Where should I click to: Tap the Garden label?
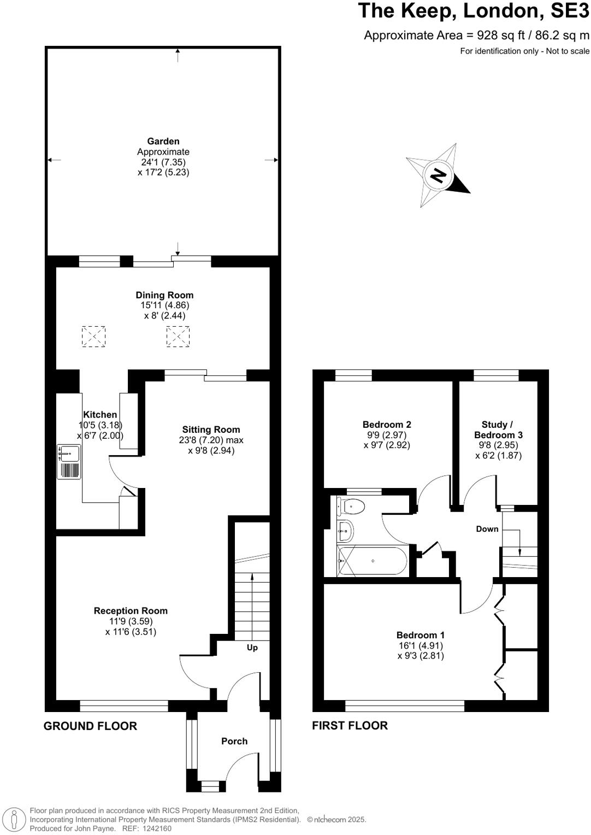(163, 142)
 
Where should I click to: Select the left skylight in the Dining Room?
(93, 336)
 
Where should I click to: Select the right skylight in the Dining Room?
(178, 336)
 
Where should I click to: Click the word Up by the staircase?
(252, 648)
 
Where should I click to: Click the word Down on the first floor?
(487, 529)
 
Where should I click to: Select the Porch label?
(234, 741)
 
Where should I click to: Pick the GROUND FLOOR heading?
(90, 726)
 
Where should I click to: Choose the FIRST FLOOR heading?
(350, 726)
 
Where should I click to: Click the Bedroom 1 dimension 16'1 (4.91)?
(421, 645)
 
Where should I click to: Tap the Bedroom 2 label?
(387, 425)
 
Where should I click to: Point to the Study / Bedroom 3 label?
(498, 430)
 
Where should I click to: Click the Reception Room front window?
(124, 706)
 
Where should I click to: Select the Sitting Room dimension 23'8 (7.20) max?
(211, 440)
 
